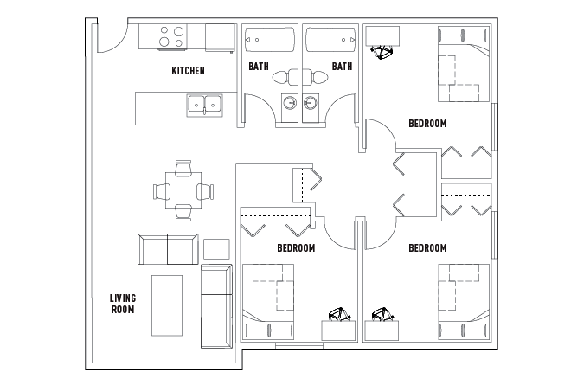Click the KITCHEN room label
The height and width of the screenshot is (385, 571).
tap(188, 71)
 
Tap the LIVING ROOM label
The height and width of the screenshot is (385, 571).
tap(123, 304)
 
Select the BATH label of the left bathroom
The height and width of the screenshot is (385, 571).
tap(259, 67)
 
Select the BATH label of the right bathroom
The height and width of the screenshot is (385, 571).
tap(342, 67)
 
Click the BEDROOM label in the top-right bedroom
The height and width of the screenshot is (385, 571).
tap(427, 124)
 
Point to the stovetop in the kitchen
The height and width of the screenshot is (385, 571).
tap(172, 37)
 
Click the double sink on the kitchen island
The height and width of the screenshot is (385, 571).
tap(205, 106)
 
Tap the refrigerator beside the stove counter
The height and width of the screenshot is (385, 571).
tap(220, 38)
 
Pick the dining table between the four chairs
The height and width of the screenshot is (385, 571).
tap(183, 190)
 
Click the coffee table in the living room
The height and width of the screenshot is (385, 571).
tap(167, 305)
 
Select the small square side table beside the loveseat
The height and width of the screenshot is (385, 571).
tap(216, 249)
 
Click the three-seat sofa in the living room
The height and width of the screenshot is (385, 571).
tap(216, 306)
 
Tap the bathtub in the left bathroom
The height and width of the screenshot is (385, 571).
tap(270, 40)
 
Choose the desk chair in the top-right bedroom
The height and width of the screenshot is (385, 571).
tap(382, 52)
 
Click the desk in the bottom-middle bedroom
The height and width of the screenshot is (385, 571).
tap(338, 330)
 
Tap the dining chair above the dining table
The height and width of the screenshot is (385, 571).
tap(183, 168)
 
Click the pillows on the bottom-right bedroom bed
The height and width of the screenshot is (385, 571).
tap(463, 330)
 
